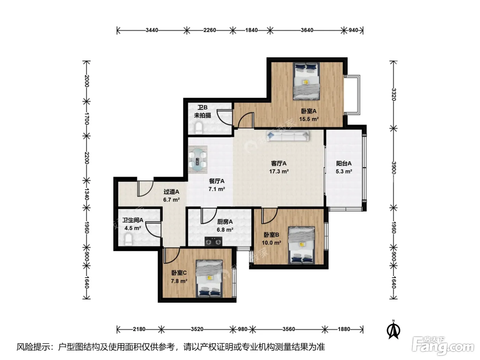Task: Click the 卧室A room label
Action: pos(309,111)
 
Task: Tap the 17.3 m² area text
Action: pos(279,171)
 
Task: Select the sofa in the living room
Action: pos(288,135)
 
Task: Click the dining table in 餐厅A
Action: pos(198,159)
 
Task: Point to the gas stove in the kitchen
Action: pos(213,241)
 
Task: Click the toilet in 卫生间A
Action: pos(129,239)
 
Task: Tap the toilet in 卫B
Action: pos(199,128)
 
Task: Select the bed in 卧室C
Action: pos(209,279)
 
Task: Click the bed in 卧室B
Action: pos(302,245)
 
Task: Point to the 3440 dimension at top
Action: pos(152,30)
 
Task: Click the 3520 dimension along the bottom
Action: pos(197,329)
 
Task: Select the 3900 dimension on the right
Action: pos(394,168)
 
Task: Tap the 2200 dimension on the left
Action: pos(87,158)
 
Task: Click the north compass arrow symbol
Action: pos(393,329)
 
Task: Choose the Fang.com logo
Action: pos(443,346)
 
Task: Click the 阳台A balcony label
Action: pos(344,163)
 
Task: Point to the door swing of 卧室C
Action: pos(172,255)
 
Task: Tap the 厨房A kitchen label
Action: pos(225,222)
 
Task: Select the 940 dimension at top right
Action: pos(353,30)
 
